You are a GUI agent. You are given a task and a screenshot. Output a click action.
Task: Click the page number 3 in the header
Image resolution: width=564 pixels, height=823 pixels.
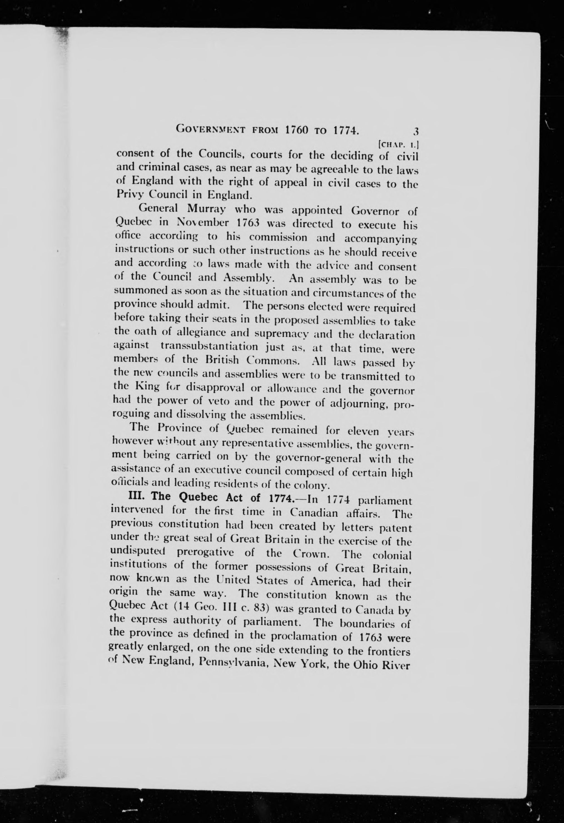pyautogui.click(x=416, y=132)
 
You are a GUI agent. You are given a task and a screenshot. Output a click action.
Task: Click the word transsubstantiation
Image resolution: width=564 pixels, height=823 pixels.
pyautogui.click(x=209, y=346)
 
